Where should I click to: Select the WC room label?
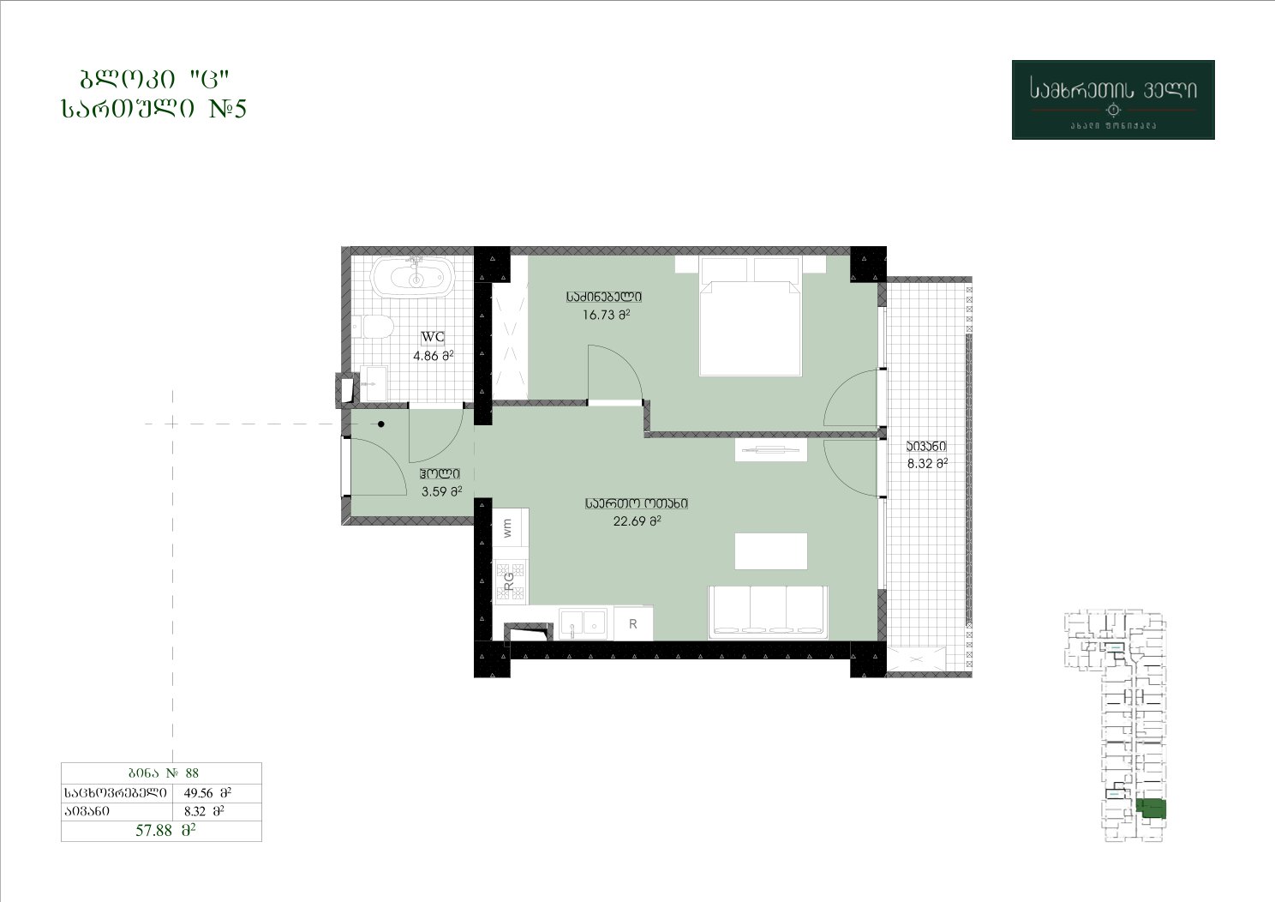(x=433, y=337)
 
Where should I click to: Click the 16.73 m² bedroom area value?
(x=606, y=315)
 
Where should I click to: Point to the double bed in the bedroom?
(x=751, y=316)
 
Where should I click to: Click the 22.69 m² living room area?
(x=637, y=520)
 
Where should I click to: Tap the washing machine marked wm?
(x=510, y=527)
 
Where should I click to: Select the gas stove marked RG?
(x=510, y=580)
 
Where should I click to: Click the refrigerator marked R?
(x=633, y=623)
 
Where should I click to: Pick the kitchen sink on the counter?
(x=583, y=623)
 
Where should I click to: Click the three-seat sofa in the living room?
(x=768, y=612)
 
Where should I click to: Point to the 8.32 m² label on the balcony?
(x=927, y=464)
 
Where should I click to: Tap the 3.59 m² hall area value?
(x=441, y=491)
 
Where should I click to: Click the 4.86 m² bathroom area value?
(x=434, y=356)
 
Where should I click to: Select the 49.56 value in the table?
(x=198, y=792)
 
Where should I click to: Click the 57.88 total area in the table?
(x=153, y=830)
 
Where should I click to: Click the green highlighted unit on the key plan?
(x=1151, y=809)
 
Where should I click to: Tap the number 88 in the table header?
(x=192, y=773)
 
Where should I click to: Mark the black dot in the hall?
(x=381, y=424)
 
